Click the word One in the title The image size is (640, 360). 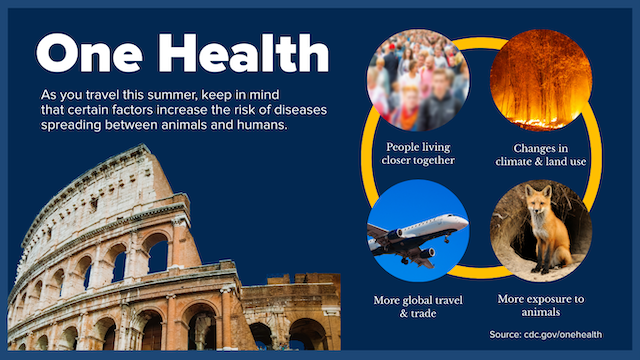pos(89,53)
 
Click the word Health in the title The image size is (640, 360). pos(243,52)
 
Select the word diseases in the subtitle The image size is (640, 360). pos(300,110)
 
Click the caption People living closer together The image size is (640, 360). pos(418,153)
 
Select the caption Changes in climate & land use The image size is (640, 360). pos(541,155)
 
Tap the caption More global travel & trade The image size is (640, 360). pos(418,306)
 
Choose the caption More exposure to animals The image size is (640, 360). pos(541,305)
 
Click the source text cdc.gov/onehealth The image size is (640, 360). pos(563,334)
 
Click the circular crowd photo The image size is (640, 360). pos(418,80)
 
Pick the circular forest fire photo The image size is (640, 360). pos(541,80)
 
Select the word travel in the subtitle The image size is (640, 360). pos(102,95)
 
